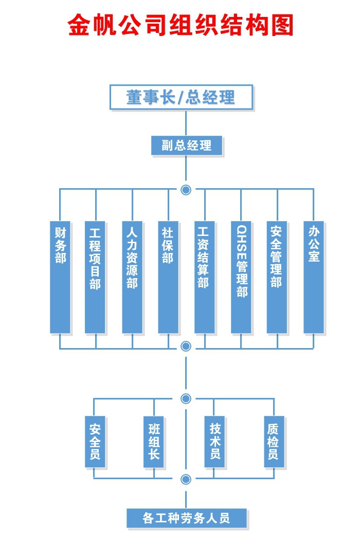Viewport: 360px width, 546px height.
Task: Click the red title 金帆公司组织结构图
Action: click(181, 25)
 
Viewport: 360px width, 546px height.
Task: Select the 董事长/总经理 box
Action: click(181, 97)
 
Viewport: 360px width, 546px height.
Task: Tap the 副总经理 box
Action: click(187, 145)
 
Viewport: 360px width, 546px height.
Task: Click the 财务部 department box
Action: click(60, 277)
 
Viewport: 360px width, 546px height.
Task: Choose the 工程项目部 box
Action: click(95, 277)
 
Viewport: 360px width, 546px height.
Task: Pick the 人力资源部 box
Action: click(132, 277)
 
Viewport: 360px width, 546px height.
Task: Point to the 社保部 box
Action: click(168, 277)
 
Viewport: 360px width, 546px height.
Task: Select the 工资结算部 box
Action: click(204, 277)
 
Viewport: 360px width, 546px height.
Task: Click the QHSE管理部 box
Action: click(241, 277)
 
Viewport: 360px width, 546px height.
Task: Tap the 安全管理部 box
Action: click(277, 277)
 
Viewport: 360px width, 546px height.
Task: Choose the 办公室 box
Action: click(314, 277)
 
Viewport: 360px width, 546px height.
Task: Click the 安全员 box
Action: click(95, 442)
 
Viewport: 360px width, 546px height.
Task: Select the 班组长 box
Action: click(154, 442)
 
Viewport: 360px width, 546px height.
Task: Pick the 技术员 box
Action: click(214, 442)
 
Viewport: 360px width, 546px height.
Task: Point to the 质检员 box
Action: click(274, 442)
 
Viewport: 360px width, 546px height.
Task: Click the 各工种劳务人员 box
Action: click(186, 518)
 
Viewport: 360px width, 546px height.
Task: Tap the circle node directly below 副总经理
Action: click(186, 190)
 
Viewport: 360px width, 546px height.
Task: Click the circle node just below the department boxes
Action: click(186, 346)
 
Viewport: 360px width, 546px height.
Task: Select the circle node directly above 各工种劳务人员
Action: click(186, 479)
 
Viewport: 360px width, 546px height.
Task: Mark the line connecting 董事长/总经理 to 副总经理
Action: click(186, 123)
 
